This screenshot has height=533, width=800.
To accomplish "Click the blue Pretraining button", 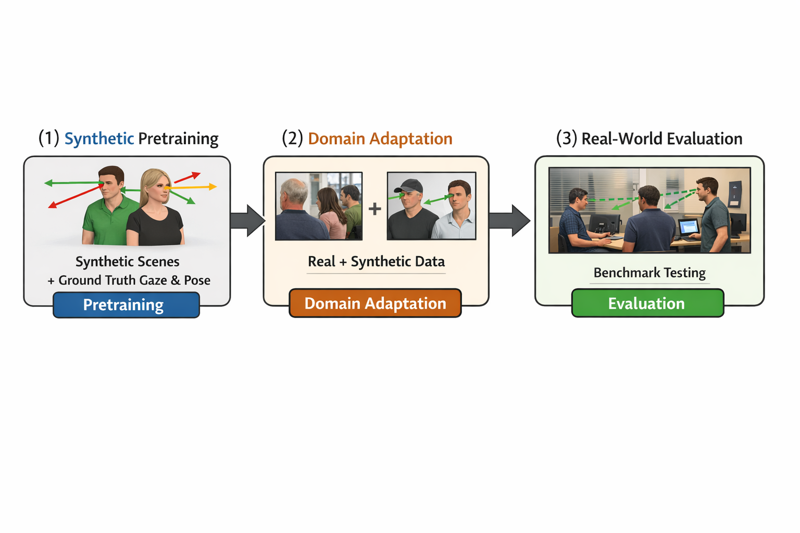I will tap(126, 304).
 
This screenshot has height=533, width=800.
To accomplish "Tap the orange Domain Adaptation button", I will tap(375, 303).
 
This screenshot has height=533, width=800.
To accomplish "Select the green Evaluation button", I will tap(647, 303).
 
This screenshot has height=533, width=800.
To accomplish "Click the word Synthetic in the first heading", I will tap(99, 138).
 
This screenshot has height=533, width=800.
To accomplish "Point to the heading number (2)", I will tap(292, 138).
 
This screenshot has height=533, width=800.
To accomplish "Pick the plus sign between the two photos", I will tap(374, 209).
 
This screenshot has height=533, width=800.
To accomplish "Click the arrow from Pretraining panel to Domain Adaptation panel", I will tap(247, 220).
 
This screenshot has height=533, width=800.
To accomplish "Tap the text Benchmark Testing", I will tap(649, 273).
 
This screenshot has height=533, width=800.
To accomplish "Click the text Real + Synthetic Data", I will tap(376, 261).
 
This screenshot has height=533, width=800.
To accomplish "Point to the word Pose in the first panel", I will tap(197, 281).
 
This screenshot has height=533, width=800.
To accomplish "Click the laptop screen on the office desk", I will tap(689, 227).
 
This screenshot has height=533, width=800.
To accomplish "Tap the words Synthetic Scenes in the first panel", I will tap(128, 261).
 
